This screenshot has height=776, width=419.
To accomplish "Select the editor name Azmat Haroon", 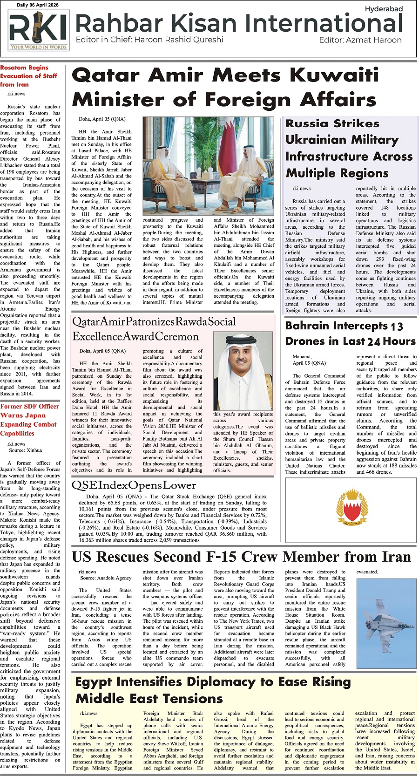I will click(373, 40).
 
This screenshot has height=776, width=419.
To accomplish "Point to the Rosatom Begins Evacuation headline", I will click(29, 76).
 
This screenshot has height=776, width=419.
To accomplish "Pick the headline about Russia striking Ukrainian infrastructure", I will click(349, 148).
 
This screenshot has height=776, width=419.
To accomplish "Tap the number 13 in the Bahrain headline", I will click(397, 327).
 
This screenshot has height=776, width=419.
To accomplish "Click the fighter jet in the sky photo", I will click(385, 619).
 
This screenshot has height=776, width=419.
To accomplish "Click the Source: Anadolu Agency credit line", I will click(106, 578).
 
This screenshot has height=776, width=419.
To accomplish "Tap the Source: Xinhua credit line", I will click(26, 450).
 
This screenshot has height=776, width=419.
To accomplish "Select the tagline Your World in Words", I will click(39, 47).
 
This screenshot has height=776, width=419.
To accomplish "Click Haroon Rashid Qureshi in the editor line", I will click(178, 40).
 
